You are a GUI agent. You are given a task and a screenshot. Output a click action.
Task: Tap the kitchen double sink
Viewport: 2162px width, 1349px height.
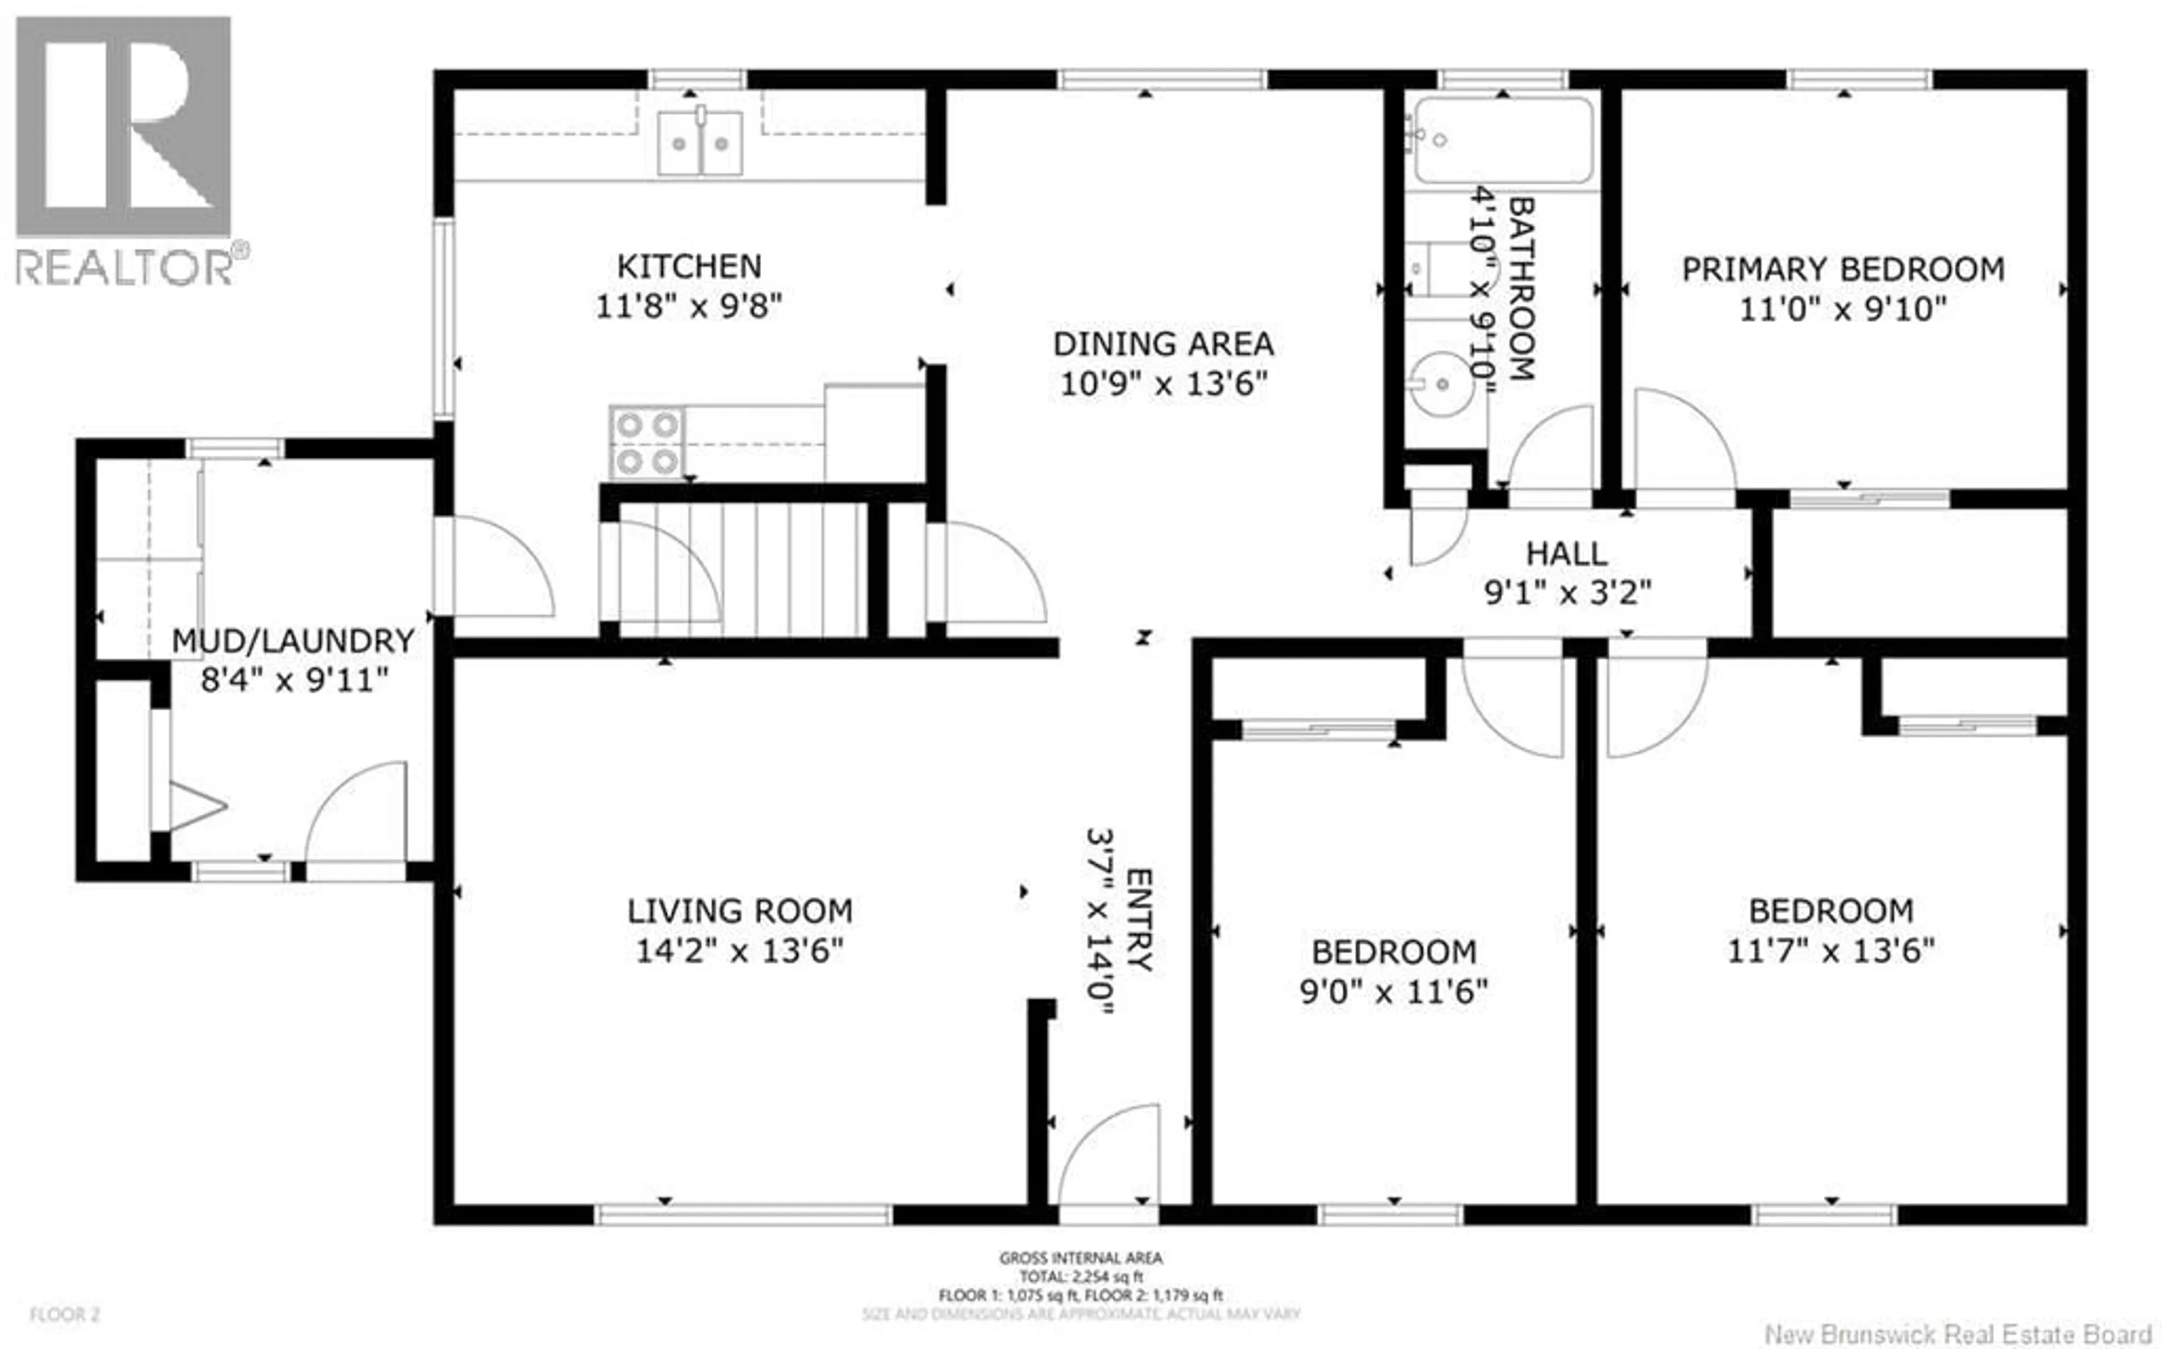[700, 143]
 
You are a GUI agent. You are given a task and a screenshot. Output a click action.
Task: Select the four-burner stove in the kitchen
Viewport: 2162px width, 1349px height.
[647, 443]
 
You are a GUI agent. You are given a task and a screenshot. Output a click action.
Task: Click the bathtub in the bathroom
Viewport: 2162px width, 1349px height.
[1503, 140]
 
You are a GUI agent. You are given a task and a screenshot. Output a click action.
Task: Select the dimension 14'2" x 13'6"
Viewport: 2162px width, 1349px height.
[739, 951]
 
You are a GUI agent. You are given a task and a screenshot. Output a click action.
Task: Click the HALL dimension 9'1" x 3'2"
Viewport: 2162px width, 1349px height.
[1567, 592]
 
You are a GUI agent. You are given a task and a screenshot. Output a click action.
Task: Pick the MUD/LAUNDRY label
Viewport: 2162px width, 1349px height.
[293, 641]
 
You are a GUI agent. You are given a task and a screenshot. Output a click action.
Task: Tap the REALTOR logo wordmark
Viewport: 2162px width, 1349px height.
[125, 267]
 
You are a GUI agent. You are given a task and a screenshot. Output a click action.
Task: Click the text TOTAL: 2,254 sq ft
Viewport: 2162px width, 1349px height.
[1080, 1277]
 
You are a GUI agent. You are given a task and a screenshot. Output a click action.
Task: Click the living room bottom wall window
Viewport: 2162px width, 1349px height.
[743, 1214]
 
